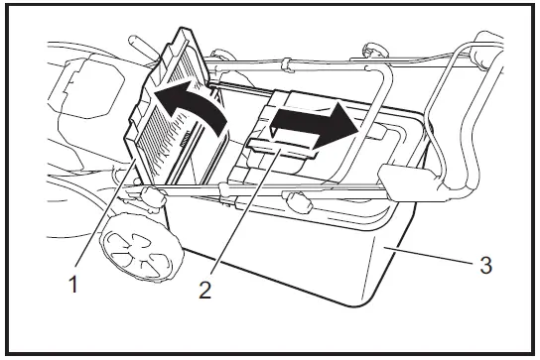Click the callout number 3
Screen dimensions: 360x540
(x=484, y=265)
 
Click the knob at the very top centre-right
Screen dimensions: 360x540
(x=374, y=47)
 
